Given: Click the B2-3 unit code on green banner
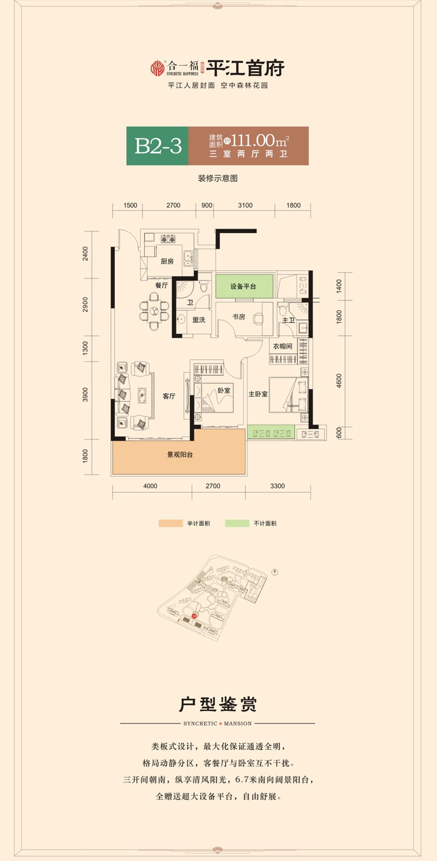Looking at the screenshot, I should pyautogui.click(x=158, y=146).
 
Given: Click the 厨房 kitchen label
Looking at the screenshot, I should pyautogui.click(x=167, y=261).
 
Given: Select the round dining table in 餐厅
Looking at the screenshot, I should pyautogui.click(x=154, y=311).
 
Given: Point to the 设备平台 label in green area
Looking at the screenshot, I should pyautogui.click(x=243, y=287).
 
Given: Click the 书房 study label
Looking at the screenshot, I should pyautogui.click(x=239, y=317).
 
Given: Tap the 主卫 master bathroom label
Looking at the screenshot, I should pyautogui.click(x=288, y=320).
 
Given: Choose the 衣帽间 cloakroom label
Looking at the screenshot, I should pyautogui.click(x=282, y=346).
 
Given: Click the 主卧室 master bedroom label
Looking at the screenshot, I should pyautogui.click(x=258, y=394).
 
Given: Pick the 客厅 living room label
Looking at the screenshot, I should pyautogui.click(x=169, y=396).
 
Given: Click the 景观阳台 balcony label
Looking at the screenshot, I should pyautogui.click(x=180, y=455).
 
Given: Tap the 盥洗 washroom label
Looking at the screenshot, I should pyautogui.click(x=199, y=320).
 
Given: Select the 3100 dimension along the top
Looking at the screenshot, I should pyautogui.click(x=245, y=205).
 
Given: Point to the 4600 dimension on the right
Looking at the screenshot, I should pyautogui.click(x=339, y=381).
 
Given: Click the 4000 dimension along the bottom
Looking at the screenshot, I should pyautogui.click(x=150, y=486).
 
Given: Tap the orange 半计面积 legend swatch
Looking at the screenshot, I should pyautogui.click(x=170, y=523).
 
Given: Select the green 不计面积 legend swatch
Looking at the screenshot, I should pyautogui.click(x=237, y=523).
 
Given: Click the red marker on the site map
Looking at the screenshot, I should pyautogui.click(x=194, y=616).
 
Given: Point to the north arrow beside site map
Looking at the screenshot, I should pyautogui.click(x=275, y=572).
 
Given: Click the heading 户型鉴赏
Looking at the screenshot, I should pyautogui.click(x=218, y=705).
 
